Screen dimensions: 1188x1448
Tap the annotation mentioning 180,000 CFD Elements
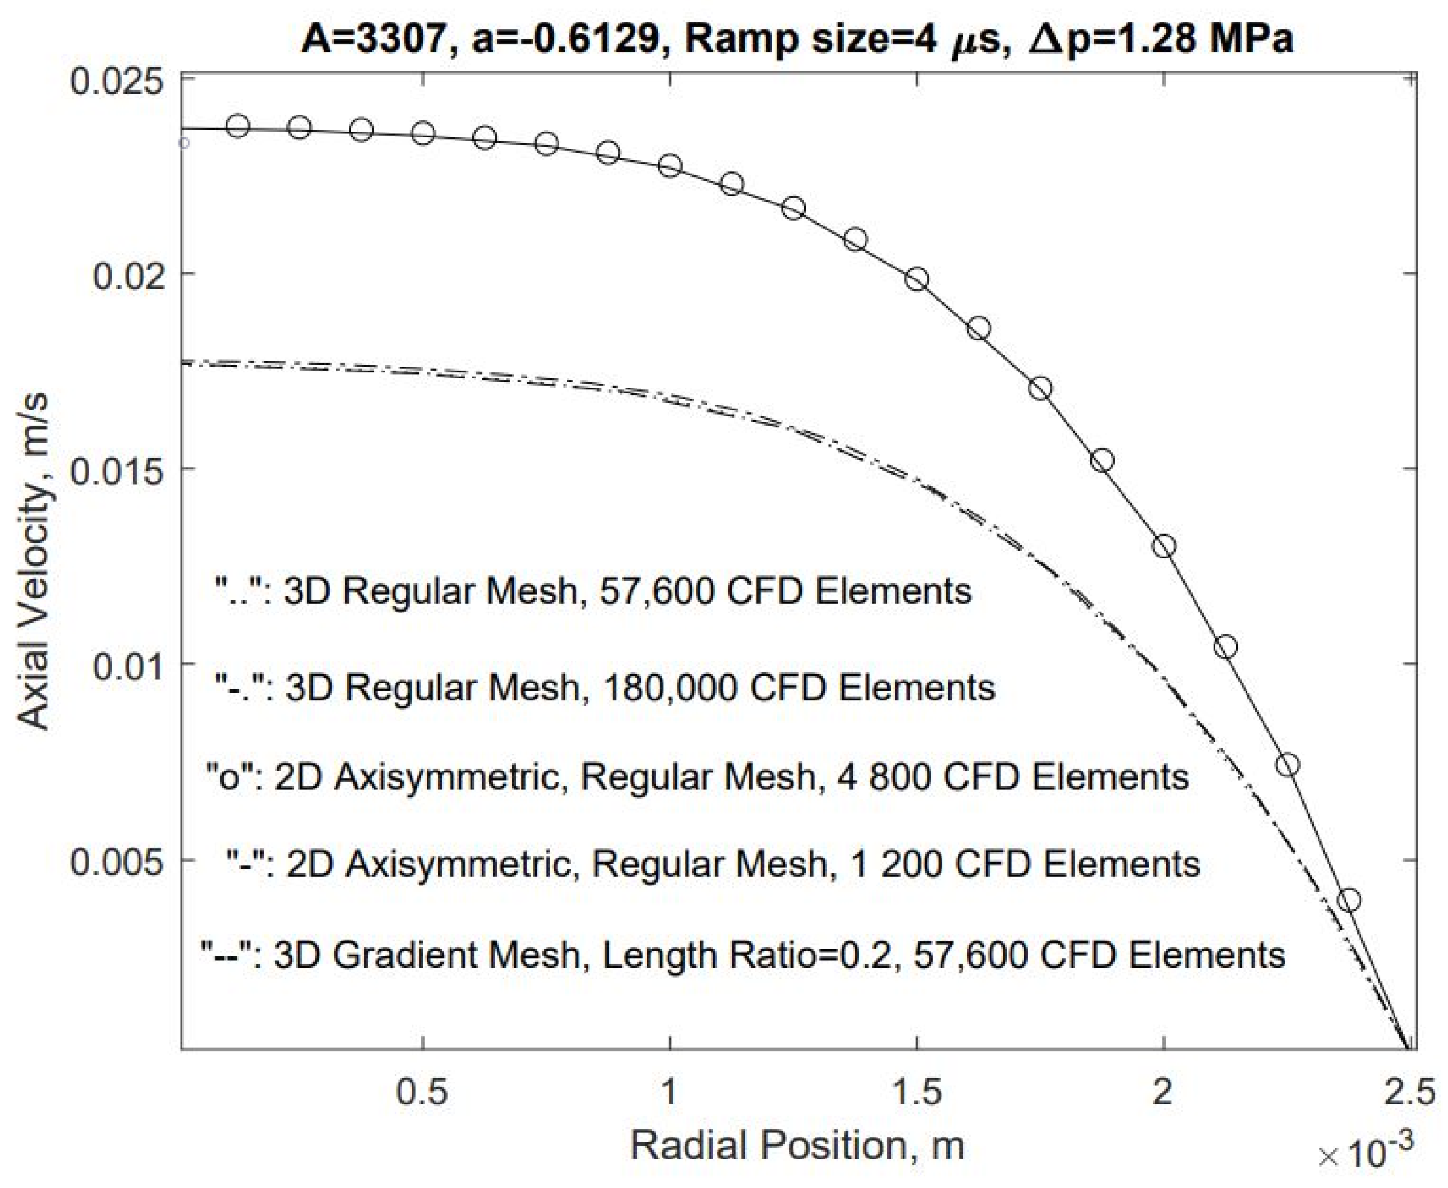[605, 687]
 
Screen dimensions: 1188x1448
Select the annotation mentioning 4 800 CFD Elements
[697, 777]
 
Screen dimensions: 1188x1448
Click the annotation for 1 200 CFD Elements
[713, 864]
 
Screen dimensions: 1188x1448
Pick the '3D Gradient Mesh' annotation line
[742, 954]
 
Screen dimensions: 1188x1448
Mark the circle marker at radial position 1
[670, 165]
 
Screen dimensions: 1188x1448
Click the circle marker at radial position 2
[1164, 546]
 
